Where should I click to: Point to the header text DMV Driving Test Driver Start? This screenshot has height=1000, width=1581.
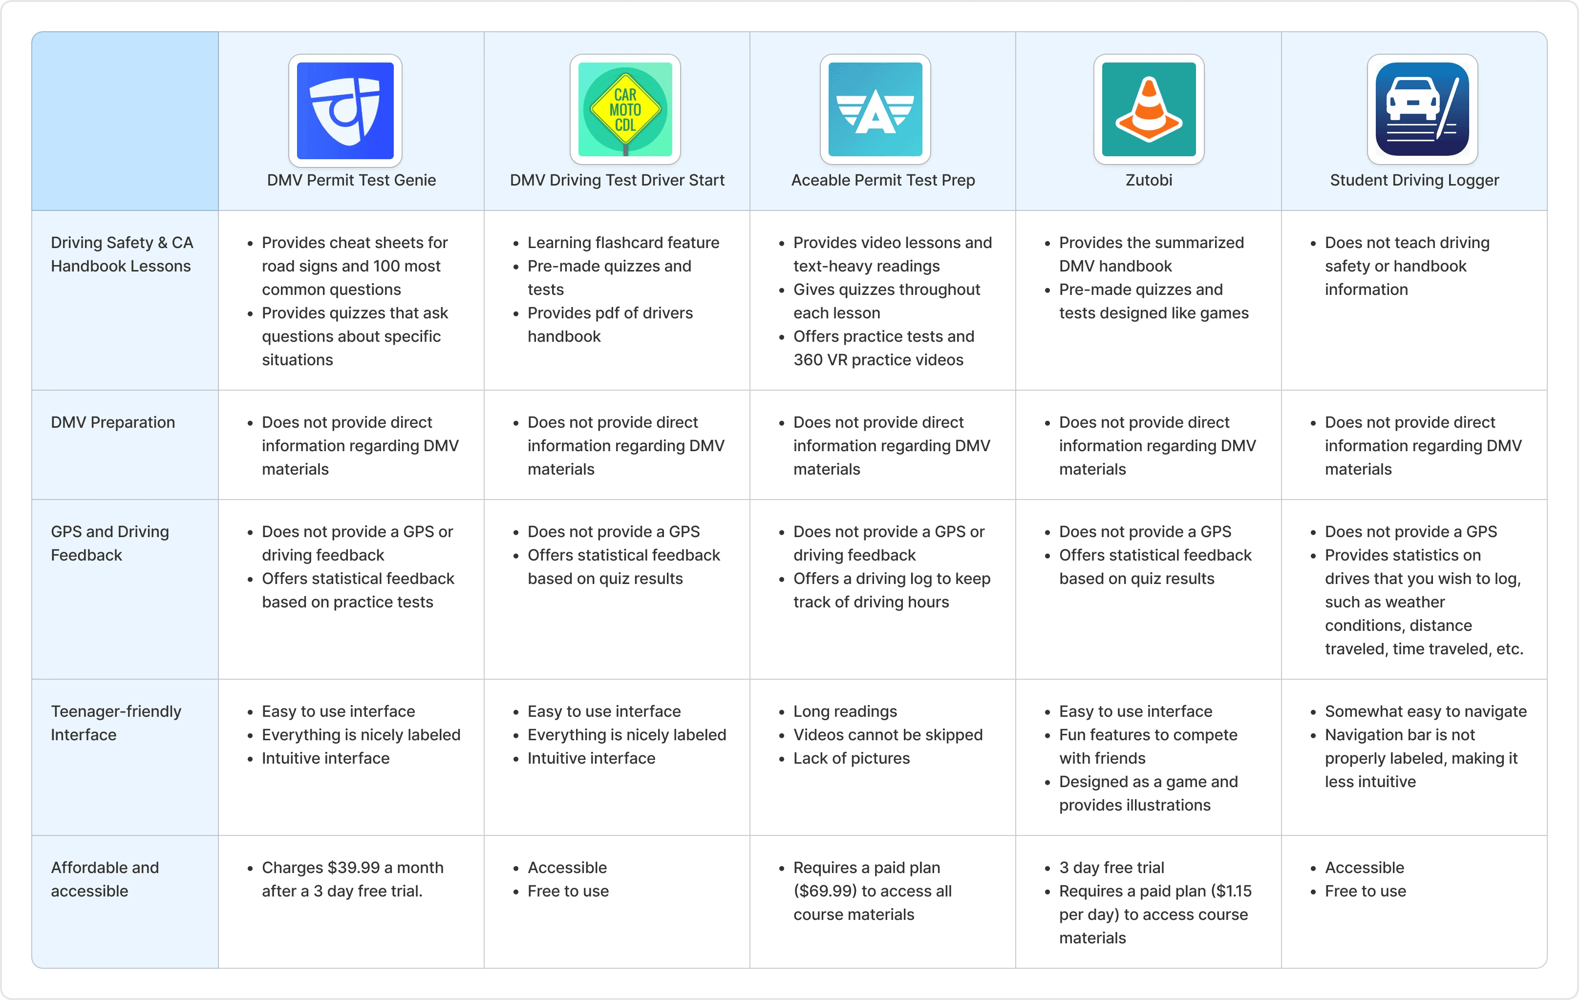(617, 181)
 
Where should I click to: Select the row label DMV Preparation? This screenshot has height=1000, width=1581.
(113, 422)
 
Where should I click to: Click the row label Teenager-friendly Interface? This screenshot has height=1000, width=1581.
(116, 723)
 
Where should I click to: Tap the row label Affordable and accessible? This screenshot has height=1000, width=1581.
(105, 879)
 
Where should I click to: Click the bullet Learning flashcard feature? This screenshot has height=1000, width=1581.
(623, 243)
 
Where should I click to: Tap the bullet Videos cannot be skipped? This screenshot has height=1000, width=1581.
(888, 735)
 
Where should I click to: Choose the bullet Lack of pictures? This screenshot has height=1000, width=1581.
(852, 758)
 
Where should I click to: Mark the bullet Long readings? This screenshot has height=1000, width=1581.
(845, 712)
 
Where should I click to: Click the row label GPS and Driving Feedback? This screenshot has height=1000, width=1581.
(109, 543)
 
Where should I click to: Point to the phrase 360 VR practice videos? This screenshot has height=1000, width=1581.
(878, 360)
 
